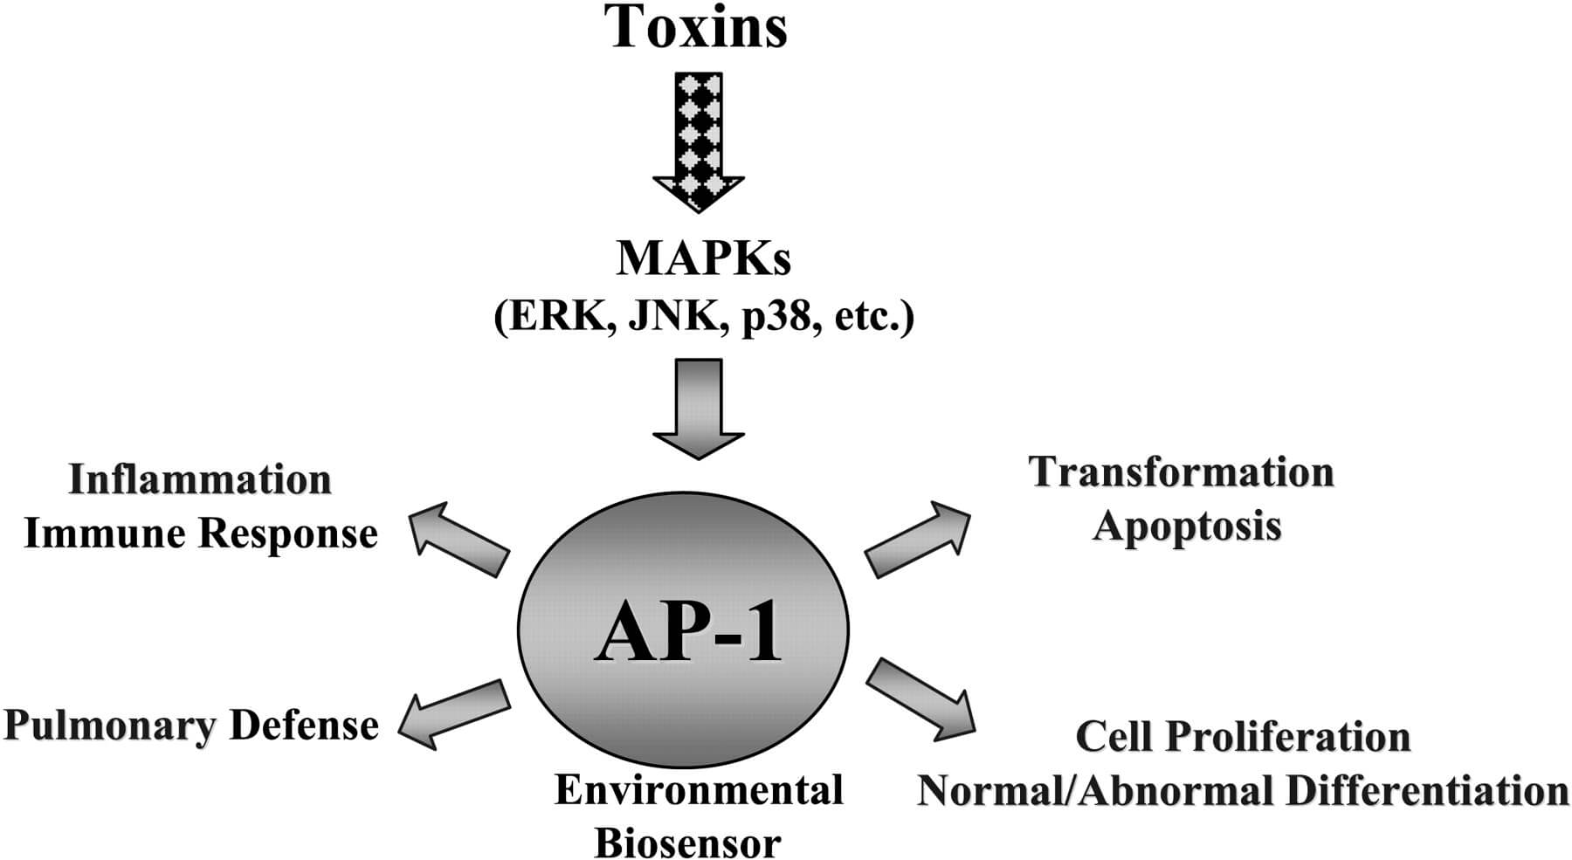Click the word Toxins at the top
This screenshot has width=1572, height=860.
697,26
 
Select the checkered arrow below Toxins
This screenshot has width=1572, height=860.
699,140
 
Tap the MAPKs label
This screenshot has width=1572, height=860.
703,258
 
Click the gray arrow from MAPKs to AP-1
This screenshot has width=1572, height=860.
699,407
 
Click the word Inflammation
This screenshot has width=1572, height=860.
200,479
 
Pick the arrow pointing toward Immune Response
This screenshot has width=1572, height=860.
458,539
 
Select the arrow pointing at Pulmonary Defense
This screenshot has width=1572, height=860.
454,714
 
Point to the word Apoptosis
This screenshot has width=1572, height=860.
1187,526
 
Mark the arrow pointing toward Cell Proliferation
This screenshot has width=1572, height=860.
921,699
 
